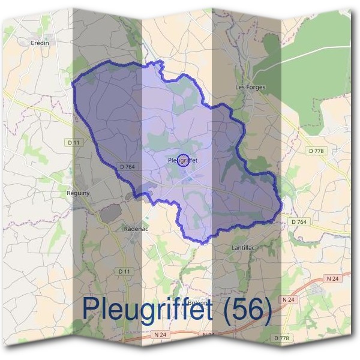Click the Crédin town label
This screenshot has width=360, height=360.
pyautogui.click(x=40, y=43)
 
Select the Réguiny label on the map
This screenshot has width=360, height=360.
pyautogui.click(x=78, y=193)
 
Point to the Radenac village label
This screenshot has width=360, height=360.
pyautogui.click(x=135, y=229)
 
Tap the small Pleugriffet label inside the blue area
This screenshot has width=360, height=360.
pyautogui.click(x=182, y=160)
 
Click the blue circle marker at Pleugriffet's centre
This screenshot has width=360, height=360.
pyautogui.click(x=184, y=160)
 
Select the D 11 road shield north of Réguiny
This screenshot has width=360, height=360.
pyautogui.click(x=73, y=142)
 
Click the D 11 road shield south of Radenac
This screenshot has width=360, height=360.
pyautogui.click(x=125, y=271)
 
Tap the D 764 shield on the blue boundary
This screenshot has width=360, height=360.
pyautogui.click(x=127, y=166)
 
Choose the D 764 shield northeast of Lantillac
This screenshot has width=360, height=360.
pyautogui.click(x=299, y=222)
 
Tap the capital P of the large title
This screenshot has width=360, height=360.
pyautogui.click(x=92, y=308)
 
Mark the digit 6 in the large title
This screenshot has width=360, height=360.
pyautogui.click(x=256, y=308)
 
